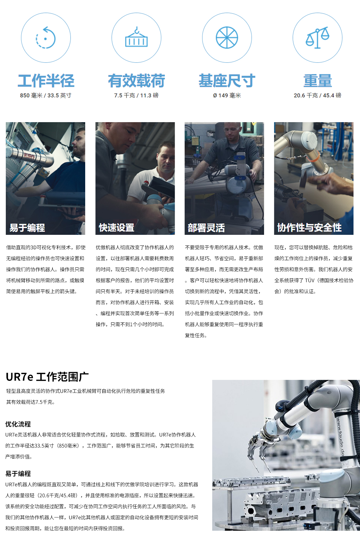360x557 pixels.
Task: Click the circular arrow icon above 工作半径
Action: [x=46, y=38]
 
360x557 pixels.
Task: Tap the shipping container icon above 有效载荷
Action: [x=136, y=38]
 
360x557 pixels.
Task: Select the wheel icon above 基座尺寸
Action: [x=227, y=38]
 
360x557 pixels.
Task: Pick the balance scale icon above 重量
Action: [x=317, y=38]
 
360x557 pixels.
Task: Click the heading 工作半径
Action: [x=46, y=81]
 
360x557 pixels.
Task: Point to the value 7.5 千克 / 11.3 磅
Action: [x=136, y=96]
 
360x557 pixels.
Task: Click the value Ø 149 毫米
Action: [x=227, y=96]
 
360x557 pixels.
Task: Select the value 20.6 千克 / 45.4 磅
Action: [x=317, y=96]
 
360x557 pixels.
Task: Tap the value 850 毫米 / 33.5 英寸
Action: [x=46, y=96]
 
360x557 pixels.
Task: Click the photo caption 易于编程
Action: [x=27, y=228]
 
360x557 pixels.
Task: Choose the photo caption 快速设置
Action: [x=116, y=228]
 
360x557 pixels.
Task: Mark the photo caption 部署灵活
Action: [x=206, y=228]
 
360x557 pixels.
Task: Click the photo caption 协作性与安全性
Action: [x=309, y=228]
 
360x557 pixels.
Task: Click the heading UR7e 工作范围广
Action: [x=47, y=377]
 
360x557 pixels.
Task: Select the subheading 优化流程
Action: [x=18, y=424]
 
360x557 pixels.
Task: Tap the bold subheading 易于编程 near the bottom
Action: [x=18, y=474]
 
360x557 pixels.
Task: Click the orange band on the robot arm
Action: [x=313, y=157]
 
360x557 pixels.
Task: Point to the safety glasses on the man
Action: [x=232, y=129]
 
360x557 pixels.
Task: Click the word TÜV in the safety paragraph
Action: [x=310, y=280]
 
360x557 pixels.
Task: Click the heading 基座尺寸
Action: [x=227, y=81]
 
